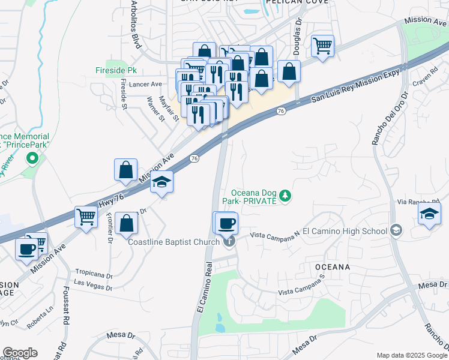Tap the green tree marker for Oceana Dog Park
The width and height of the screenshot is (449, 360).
tap(286, 196)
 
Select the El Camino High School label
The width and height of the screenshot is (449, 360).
tap(345, 230)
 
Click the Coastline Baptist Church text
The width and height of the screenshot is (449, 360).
tap(174, 242)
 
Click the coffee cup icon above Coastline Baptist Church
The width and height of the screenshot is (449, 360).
tap(226, 223)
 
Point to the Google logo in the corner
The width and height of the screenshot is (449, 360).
tap(20, 353)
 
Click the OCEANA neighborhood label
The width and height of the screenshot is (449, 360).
tap(331, 266)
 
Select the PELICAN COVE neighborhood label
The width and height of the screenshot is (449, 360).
tap(298, 2)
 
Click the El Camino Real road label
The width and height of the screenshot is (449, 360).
tap(204, 287)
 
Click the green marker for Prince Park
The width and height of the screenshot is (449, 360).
tap(33, 158)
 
